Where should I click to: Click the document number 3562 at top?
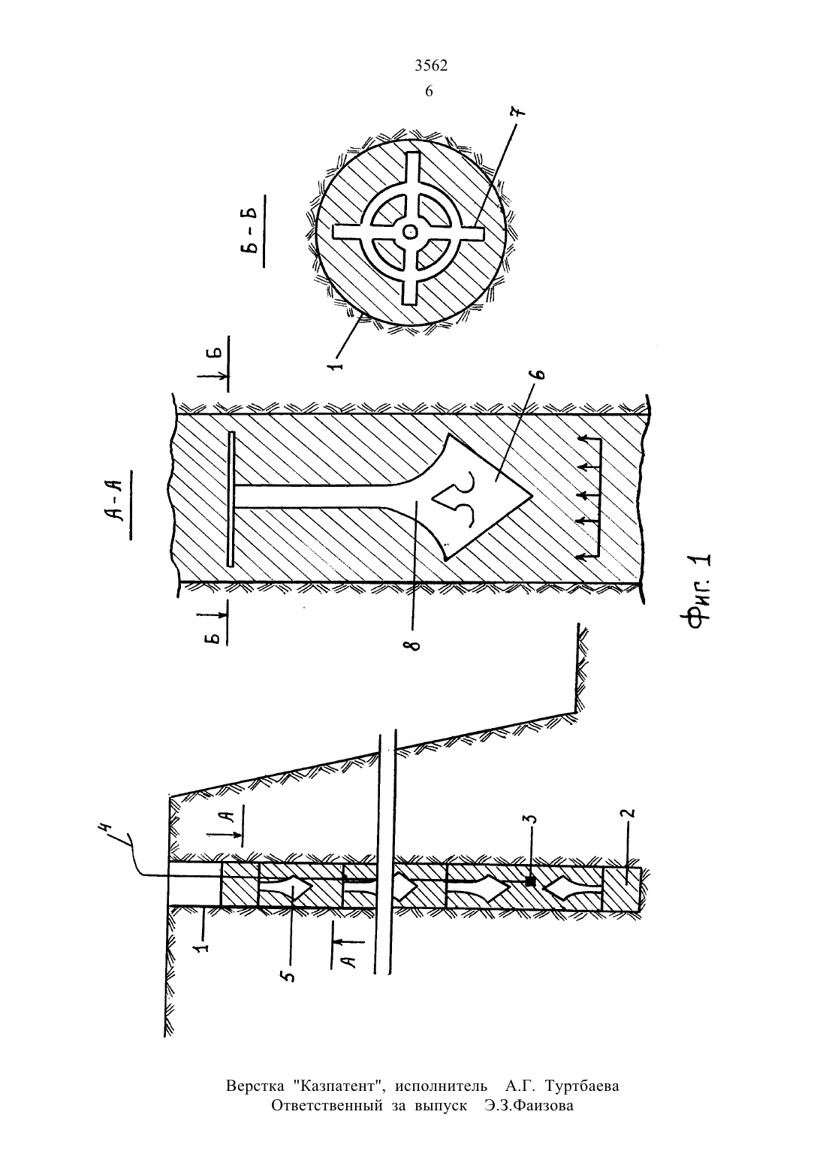click(x=431, y=65)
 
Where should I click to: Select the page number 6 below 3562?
click(x=429, y=92)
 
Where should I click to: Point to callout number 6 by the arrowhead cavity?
click(x=539, y=373)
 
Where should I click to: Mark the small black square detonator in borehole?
click(x=531, y=881)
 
